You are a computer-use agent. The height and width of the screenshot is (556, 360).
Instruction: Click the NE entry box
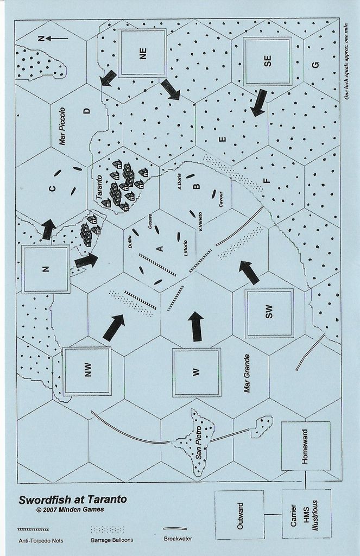click(x=142, y=53)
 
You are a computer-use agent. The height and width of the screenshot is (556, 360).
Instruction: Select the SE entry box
click(x=268, y=61)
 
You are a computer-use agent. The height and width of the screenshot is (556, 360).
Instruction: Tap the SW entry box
click(x=268, y=313)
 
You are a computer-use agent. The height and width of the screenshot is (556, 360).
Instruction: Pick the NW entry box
click(x=87, y=370)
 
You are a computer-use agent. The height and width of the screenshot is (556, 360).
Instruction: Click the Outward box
click(x=239, y=515)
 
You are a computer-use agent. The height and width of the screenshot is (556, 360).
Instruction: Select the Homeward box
click(x=305, y=446)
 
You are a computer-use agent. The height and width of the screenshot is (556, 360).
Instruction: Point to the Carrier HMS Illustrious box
click(x=306, y=514)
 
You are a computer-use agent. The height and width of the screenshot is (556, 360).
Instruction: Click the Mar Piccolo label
click(x=62, y=126)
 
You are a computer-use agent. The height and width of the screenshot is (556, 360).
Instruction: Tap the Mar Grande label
click(x=247, y=373)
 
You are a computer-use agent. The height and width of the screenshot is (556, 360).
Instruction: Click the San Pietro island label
click(x=199, y=443)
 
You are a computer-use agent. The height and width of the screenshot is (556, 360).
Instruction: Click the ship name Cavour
click(x=220, y=200)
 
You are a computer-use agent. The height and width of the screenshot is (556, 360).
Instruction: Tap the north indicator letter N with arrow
click(x=53, y=39)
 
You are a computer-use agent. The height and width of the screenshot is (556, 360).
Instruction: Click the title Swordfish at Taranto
click(x=73, y=500)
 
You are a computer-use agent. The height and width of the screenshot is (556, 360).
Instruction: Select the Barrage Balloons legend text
click(x=112, y=540)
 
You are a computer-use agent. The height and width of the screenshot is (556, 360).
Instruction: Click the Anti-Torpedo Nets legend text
click(x=41, y=541)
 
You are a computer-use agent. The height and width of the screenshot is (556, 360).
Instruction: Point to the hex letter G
click(x=315, y=65)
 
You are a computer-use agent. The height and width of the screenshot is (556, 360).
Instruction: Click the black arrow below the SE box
click(x=258, y=103)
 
